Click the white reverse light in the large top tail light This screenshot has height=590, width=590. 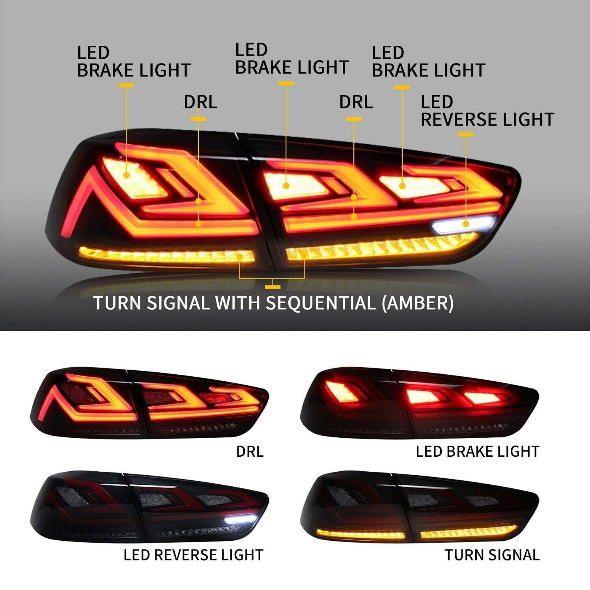(x=464, y=224)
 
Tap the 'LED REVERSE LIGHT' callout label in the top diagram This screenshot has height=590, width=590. (x=487, y=111)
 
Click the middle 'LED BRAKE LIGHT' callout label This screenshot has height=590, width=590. (x=292, y=59)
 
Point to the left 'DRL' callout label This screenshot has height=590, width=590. (x=200, y=102)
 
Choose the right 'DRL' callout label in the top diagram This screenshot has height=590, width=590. (x=356, y=102)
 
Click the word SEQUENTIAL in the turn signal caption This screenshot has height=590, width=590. (x=320, y=303)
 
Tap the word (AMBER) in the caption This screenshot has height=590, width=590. (x=418, y=303)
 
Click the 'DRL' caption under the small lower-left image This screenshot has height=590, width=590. (x=250, y=451)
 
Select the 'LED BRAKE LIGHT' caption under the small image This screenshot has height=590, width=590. (x=478, y=451)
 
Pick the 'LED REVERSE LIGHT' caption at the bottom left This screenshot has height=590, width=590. (x=193, y=555)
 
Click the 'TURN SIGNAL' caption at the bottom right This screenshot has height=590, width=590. (x=492, y=555)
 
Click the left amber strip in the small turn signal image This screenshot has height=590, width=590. (x=361, y=534)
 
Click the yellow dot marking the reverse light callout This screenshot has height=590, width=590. (x=466, y=224)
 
